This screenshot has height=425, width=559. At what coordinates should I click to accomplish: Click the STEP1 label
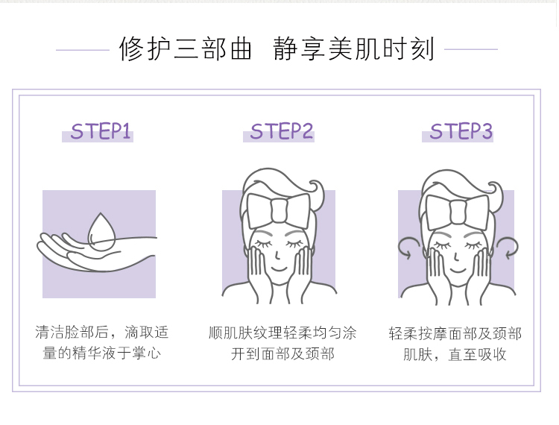(101, 133)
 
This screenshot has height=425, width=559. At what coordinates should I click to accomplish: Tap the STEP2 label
(282, 132)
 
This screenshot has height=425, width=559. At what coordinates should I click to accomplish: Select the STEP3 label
(461, 132)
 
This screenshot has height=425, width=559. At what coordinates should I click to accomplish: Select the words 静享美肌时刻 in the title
(354, 49)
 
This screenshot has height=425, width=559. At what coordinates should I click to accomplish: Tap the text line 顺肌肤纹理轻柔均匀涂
(282, 333)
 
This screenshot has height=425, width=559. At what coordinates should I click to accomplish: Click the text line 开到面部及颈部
(282, 353)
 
